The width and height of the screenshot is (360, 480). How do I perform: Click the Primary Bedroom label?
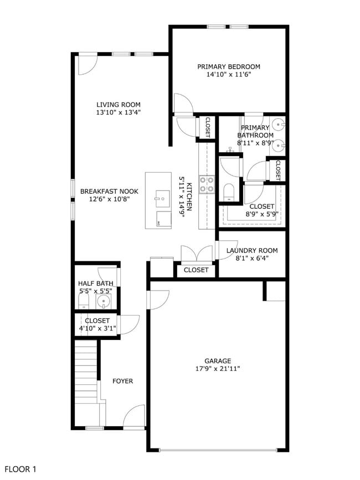coord(229,67)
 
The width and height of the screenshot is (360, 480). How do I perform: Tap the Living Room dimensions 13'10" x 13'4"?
coord(119,112)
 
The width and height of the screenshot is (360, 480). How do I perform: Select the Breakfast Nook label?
coord(109,192)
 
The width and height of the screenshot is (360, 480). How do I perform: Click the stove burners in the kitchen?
coord(207,184)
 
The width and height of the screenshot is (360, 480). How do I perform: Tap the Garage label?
coord(218,361)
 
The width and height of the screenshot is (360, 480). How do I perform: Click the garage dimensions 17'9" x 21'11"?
coord(218,369)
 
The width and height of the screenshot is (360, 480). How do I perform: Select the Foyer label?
coord(123,381)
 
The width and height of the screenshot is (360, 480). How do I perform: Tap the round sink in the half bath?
coord(104,302)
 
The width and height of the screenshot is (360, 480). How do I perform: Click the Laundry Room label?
coord(252,250)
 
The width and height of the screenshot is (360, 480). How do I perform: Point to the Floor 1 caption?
coord(20,469)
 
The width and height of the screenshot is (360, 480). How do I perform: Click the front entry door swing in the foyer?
coord(134,416)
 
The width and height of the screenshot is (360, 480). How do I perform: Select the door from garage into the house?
coord(158,300)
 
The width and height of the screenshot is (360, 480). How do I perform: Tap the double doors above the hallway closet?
coord(197,254)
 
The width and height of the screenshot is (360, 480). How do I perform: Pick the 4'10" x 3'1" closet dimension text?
coord(97,328)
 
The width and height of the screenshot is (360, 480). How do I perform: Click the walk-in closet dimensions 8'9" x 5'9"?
coord(262,214)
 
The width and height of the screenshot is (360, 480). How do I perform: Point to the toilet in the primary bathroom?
coord(229,192)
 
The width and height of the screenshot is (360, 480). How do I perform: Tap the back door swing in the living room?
coord(88,65)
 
